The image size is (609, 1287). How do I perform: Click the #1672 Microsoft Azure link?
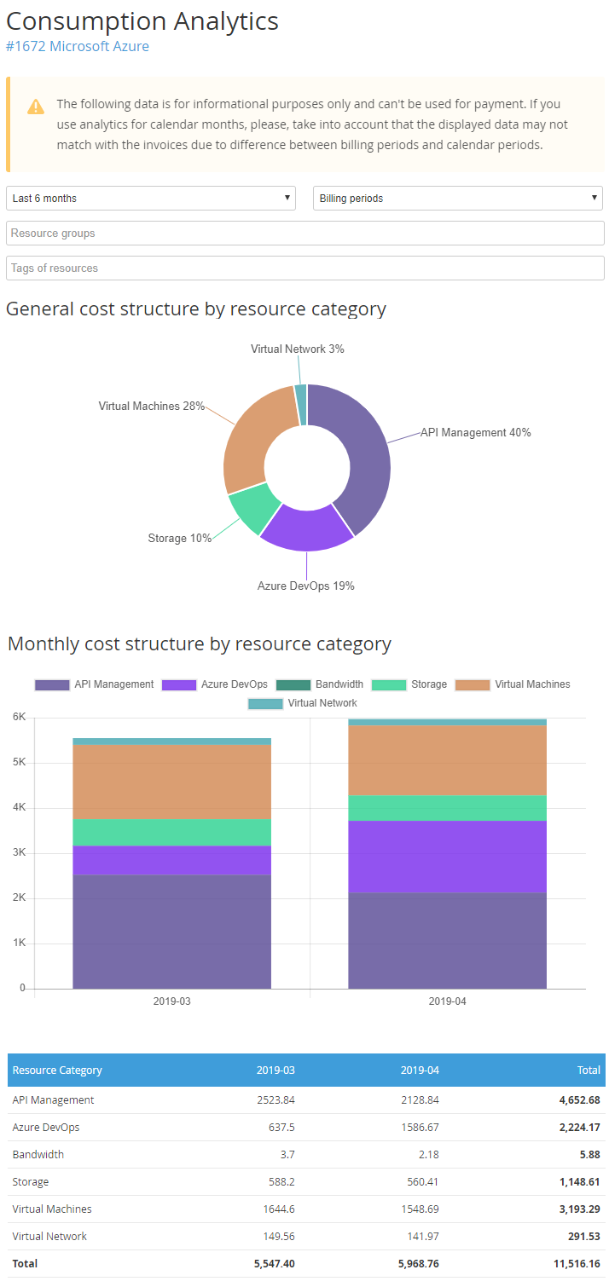tap(78, 46)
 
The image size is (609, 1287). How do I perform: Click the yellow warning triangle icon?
tap(35, 107)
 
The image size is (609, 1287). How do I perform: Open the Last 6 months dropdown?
tap(151, 199)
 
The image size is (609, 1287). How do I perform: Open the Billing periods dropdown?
tap(458, 199)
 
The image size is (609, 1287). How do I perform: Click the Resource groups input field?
tap(304, 234)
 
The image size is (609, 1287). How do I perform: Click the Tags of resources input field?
tap(304, 268)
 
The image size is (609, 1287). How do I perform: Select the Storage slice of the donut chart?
tap(253, 509)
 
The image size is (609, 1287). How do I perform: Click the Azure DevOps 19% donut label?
tap(305, 586)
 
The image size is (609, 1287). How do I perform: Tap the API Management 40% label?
tap(475, 433)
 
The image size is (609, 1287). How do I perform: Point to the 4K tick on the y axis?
tap(18, 807)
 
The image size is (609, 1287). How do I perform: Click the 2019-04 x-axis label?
tap(447, 1001)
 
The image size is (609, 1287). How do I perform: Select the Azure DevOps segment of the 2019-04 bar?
tap(447, 857)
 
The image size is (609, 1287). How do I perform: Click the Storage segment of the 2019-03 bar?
tap(171, 833)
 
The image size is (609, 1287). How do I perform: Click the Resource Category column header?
tap(57, 1071)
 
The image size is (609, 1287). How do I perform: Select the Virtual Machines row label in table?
tap(52, 1209)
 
